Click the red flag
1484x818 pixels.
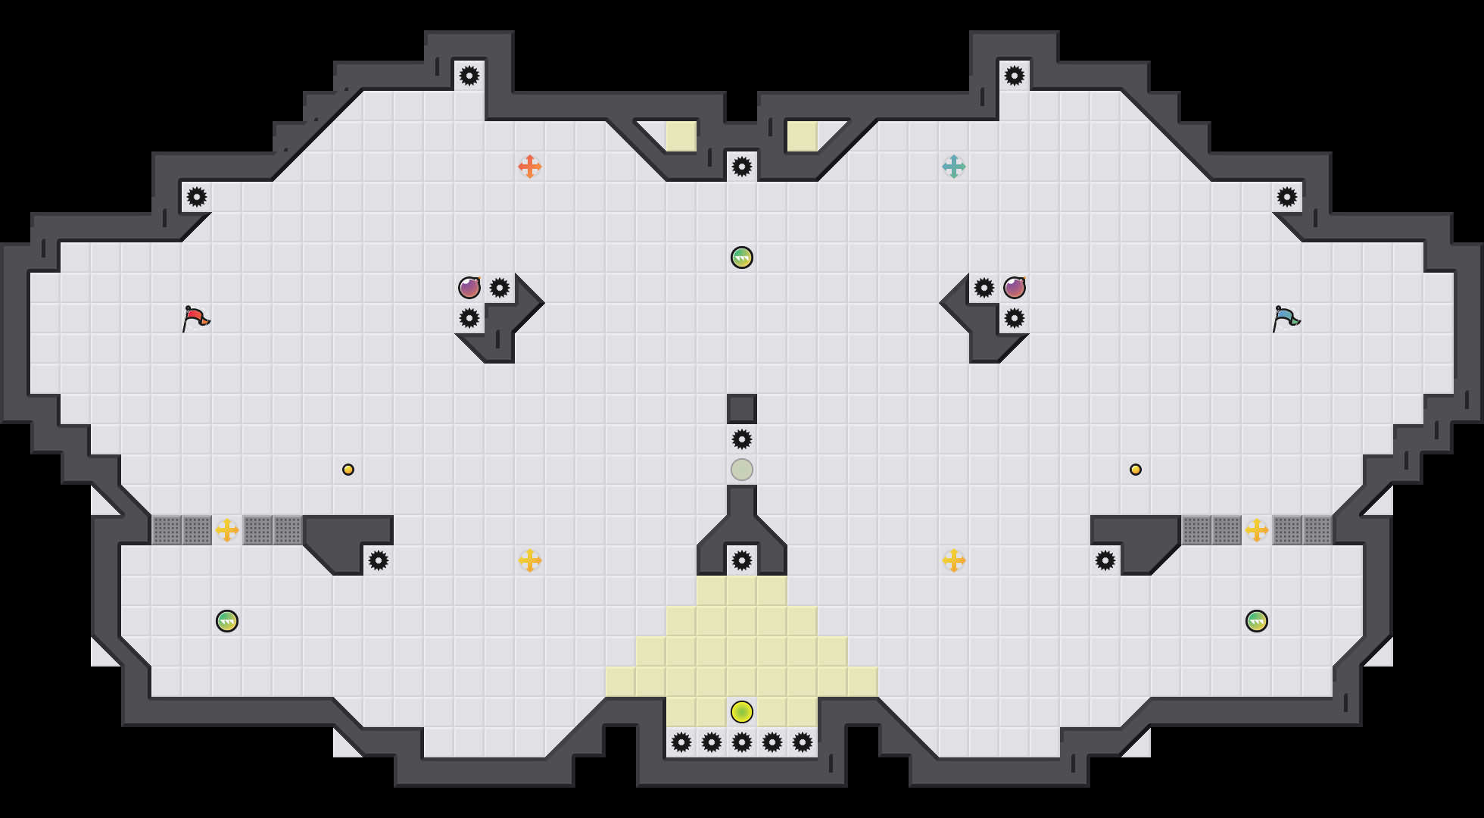(x=195, y=318)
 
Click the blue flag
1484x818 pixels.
(x=1286, y=318)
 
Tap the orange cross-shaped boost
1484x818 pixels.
(x=530, y=167)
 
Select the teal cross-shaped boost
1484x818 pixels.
(x=954, y=167)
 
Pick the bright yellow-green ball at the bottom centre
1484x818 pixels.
(x=742, y=712)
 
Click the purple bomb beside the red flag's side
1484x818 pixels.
(x=469, y=288)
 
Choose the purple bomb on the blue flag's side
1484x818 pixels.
(x=1015, y=288)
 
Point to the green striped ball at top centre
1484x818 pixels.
(x=742, y=258)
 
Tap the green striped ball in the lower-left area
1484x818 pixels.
(x=227, y=621)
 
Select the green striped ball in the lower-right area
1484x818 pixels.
(x=1257, y=621)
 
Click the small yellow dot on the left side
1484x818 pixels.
(x=348, y=470)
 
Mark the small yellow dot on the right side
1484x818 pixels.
(x=1136, y=470)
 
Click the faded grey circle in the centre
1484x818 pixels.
(x=742, y=470)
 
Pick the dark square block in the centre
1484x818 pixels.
(x=742, y=409)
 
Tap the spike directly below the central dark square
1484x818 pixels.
(x=742, y=439)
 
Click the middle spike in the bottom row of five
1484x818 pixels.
(x=742, y=742)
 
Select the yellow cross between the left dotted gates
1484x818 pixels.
(x=227, y=530)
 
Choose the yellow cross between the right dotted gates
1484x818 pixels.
(x=1257, y=530)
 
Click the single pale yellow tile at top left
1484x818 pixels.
(x=681, y=136)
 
